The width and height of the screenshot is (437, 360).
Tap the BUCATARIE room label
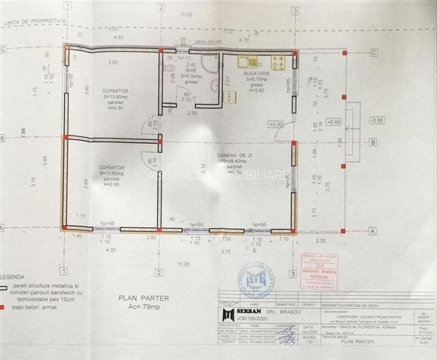point(257,74)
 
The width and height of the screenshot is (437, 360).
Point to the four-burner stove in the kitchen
point(278,63)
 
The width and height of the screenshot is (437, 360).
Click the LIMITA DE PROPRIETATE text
point(36,20)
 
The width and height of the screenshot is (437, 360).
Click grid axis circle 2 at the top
point(160,8)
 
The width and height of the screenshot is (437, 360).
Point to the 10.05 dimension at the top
point(186,13)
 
